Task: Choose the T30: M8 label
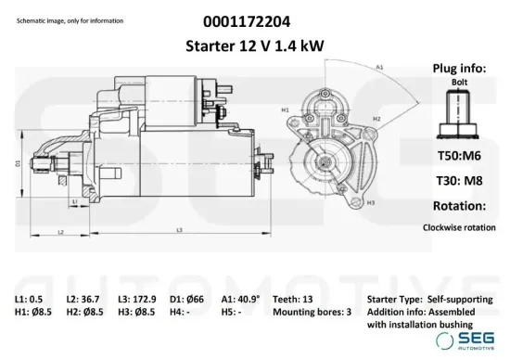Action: (x=459, y=180)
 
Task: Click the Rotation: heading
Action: (x=459, y=205)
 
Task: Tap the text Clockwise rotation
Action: (x=459, y=226)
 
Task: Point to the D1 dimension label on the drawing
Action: (x=18, y=163)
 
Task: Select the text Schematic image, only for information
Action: (x=67, y=19)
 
